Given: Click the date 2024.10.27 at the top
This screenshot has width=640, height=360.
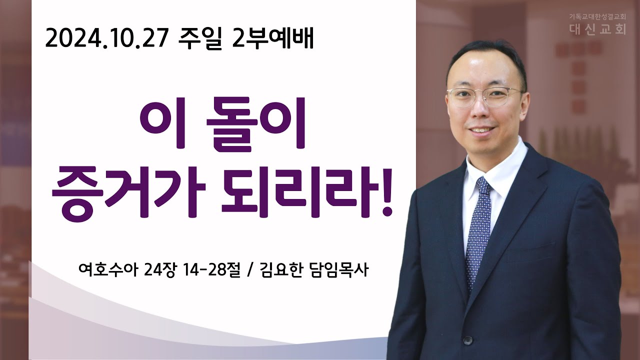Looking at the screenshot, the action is click(106, 39).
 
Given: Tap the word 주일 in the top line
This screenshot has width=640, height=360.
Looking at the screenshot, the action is click(200, 39).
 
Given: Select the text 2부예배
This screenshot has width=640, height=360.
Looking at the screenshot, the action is click(273, 39).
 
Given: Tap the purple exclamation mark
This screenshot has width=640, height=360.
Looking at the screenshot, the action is click(387, 192).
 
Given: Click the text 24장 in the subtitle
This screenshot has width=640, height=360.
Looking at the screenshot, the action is click(159, 270).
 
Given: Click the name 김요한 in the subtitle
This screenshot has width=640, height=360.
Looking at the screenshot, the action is click(281, 270).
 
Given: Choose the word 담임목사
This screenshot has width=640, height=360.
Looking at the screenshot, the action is click(339, 270).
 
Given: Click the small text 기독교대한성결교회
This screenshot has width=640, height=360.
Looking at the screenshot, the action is click(596, 17).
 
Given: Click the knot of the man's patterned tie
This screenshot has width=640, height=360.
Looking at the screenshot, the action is click(483, 185).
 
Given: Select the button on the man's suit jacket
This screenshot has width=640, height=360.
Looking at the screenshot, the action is click(467, 340).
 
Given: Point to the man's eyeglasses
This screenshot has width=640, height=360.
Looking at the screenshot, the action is click(485, 97).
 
